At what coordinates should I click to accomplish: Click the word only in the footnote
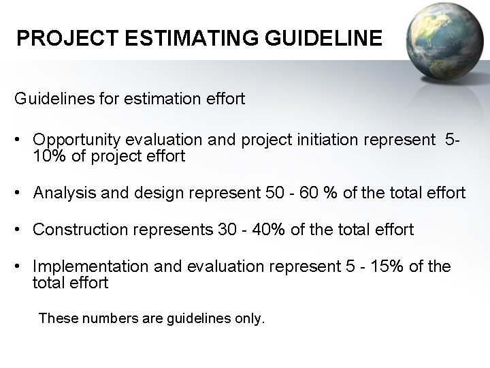247,318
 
